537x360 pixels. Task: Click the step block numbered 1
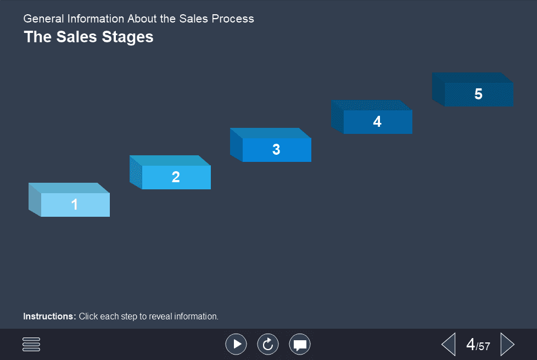pyautogui.click(x=75, y=205)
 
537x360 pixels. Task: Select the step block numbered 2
pyautogui.click(x=176, y=177)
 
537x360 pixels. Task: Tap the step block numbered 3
pyautogui.click(x=276, y=149)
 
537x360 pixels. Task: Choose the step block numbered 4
pyautogui.click(x=377, y=122)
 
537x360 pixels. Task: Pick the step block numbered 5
pyautogui.click(x=478, y=94)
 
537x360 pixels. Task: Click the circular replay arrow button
pyautogui.click(x=268, y=344)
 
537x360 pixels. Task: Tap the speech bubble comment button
pyautogui.click(x=300, y=344)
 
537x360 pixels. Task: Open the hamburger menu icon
pyautogui.click(x=31, y=344)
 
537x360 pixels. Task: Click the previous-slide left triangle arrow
pyautogui.click(x=449, y=344)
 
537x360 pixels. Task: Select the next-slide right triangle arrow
pyautogui.click(x=507, y=344)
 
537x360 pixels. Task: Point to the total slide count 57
pyautogui.click(x=484, y=346)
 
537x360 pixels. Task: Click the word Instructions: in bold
pyautogui.click(x=49, y=316)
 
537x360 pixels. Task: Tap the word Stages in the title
pyautogui.click(x=130, y=37)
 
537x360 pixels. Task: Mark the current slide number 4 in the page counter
pyautogui.click(x=471, y=344)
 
